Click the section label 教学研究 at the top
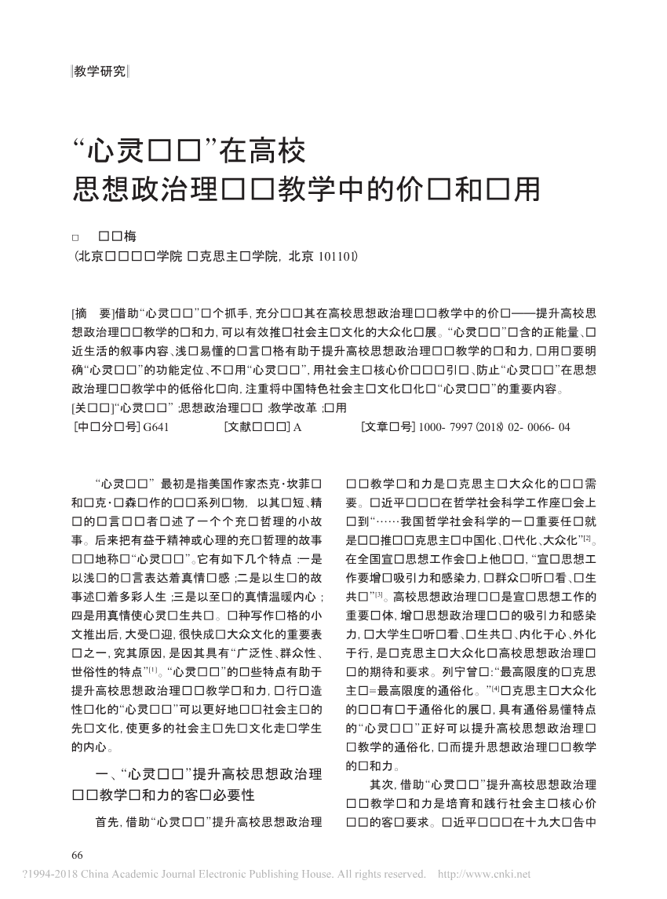coord(99,71)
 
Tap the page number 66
coord(77,854)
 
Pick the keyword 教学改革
coord(293,408)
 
